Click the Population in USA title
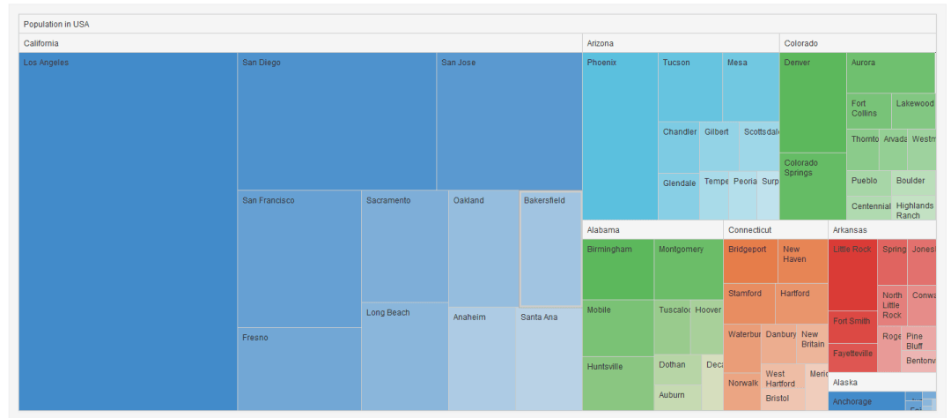tap(56, 24)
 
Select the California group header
tap(299, 43)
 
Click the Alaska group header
tap(881, 382)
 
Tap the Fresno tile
tap(299, 369)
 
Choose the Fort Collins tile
tap(868, 110)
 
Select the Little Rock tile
tap(852, 274)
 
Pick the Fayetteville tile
tap(852, 357)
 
